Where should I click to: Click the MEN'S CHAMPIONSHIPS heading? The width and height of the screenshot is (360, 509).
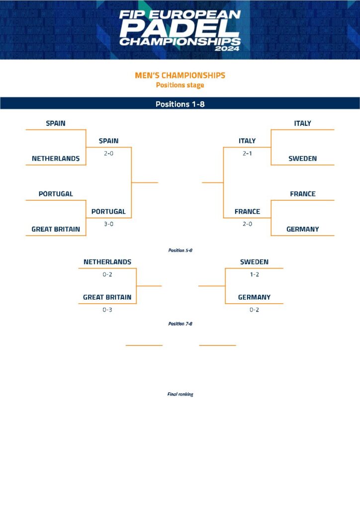[x=180, y=76]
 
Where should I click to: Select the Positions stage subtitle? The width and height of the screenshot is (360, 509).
[x=180, y=85]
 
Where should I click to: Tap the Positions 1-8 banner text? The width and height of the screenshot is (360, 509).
[x=180, y=104]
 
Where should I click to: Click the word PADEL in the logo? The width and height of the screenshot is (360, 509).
[x=180, y=28]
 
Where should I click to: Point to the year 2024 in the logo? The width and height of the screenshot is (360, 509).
[x=227, y=49]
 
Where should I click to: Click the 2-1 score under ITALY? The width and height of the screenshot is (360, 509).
[x=247, y=153]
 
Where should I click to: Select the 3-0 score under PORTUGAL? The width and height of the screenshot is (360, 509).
[x=108, y=224]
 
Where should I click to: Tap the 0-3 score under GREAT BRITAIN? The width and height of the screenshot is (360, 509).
[x=107, y=309]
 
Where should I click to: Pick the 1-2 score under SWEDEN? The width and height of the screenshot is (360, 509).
[x=254, y=274]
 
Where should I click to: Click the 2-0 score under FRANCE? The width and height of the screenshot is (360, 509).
[x=247, y=224]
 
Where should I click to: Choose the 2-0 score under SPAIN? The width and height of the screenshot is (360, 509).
[x=108, y=153]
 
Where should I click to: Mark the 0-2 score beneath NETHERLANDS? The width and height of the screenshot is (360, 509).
[x=107, y=274]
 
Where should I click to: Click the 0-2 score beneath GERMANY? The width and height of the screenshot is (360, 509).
[x=254, y=309]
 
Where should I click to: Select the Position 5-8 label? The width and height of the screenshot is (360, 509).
[x=180, y=251]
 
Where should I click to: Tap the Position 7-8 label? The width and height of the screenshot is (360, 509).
[x=180, y=324]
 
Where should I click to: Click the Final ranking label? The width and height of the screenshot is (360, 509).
[x=180, y=394]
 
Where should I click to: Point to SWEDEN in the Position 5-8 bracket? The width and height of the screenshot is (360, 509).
[x=254, y=262]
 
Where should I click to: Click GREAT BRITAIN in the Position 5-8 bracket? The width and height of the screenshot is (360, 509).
[x=107, y=297]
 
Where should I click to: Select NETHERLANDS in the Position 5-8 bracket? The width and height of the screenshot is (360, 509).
[x=107, y=262]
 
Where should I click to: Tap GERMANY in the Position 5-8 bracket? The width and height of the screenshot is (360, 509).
[x=254, y=297]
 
